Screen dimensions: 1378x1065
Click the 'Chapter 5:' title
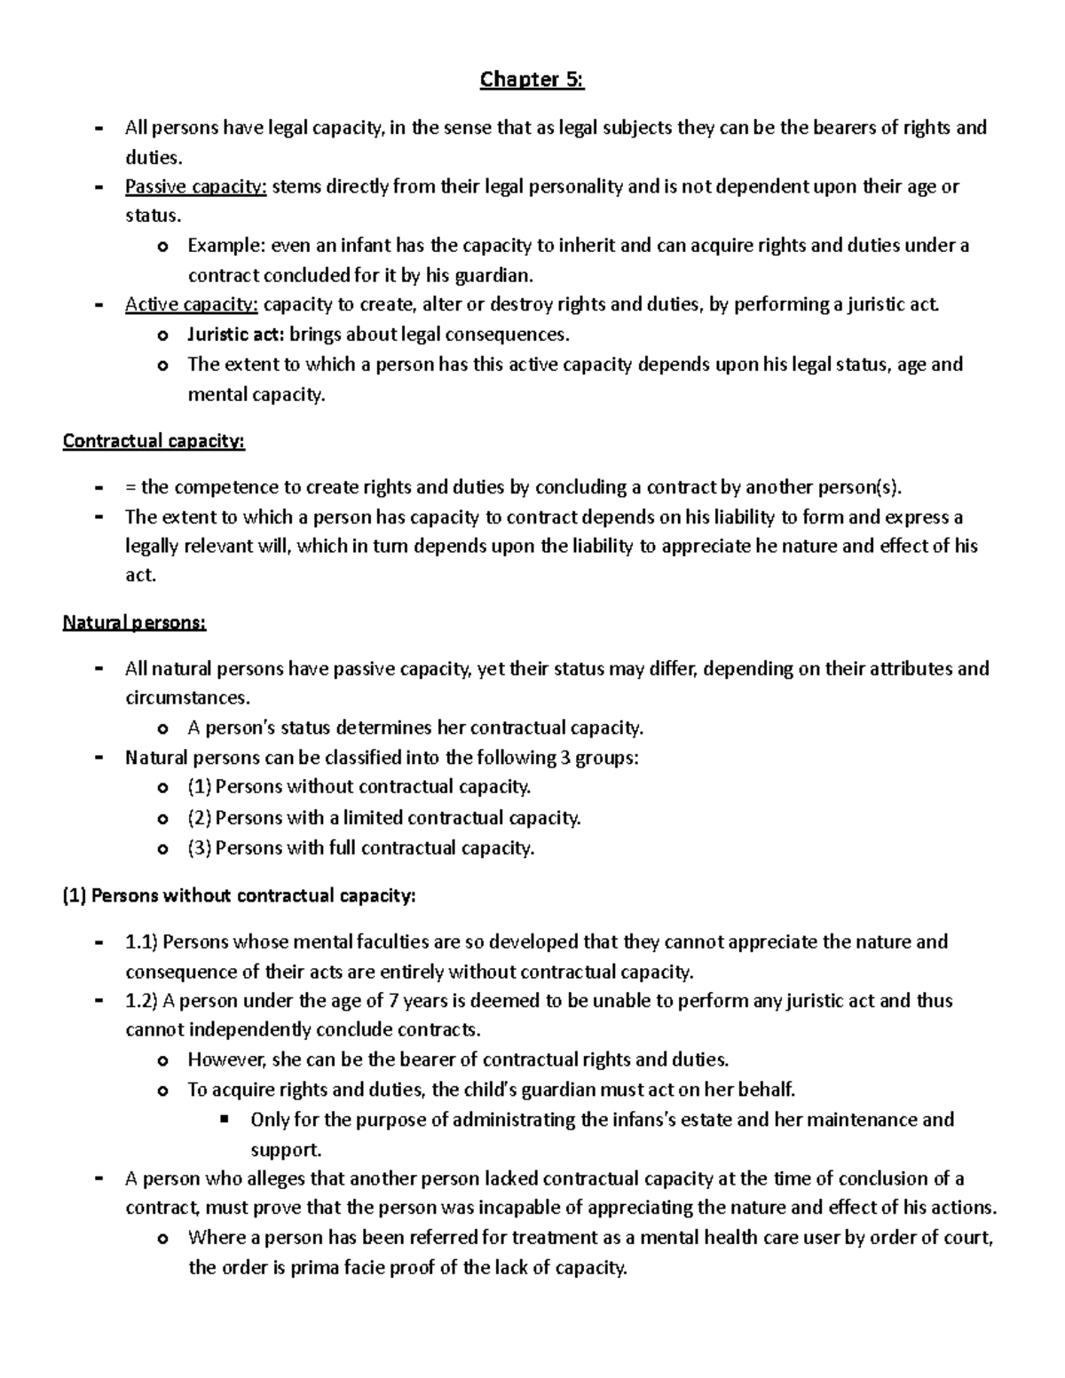[x=532, y=80]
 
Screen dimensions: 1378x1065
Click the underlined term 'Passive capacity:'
[x=195, y=186]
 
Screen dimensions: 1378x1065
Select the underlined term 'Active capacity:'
[x=192, y=305]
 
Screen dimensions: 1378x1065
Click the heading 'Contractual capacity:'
[x=154, y=441]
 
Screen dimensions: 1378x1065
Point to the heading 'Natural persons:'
[x=134, y=622]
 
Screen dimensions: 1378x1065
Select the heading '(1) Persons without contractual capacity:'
[x=239, y=895]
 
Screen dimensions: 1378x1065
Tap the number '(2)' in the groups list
[x=200, y=817]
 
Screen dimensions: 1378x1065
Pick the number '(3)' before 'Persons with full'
[x=200, y=847]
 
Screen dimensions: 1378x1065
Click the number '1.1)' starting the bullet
[x=141, y=941]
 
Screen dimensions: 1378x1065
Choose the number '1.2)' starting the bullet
[x=141, y=1001]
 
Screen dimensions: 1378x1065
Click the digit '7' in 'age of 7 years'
[x=394, y=1001]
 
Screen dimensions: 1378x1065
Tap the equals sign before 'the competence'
[x=130, y=487]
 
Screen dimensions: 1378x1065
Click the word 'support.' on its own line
[x=286, y=1150]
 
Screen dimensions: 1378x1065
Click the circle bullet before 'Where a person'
[x=162, y=1239]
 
